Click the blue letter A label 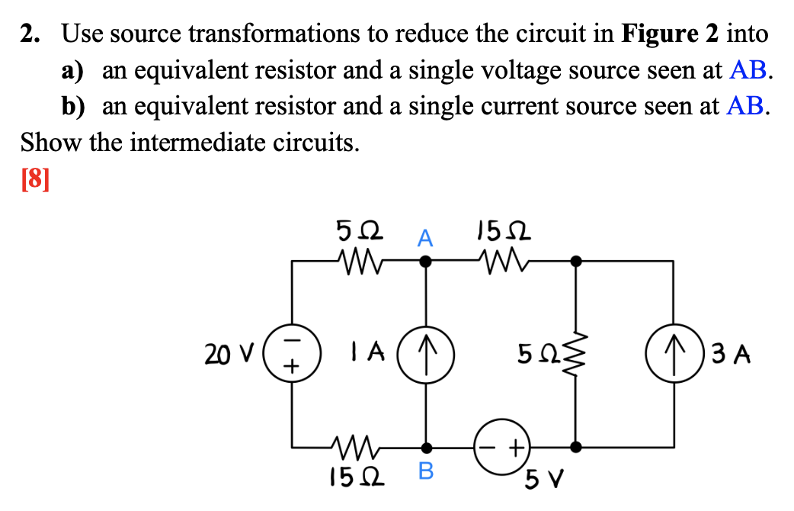click(x=425, y=239)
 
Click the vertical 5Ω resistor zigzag click(x=576, y=354)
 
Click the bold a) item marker click(x=72, y=70)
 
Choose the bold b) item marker click(x=73, y=106)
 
